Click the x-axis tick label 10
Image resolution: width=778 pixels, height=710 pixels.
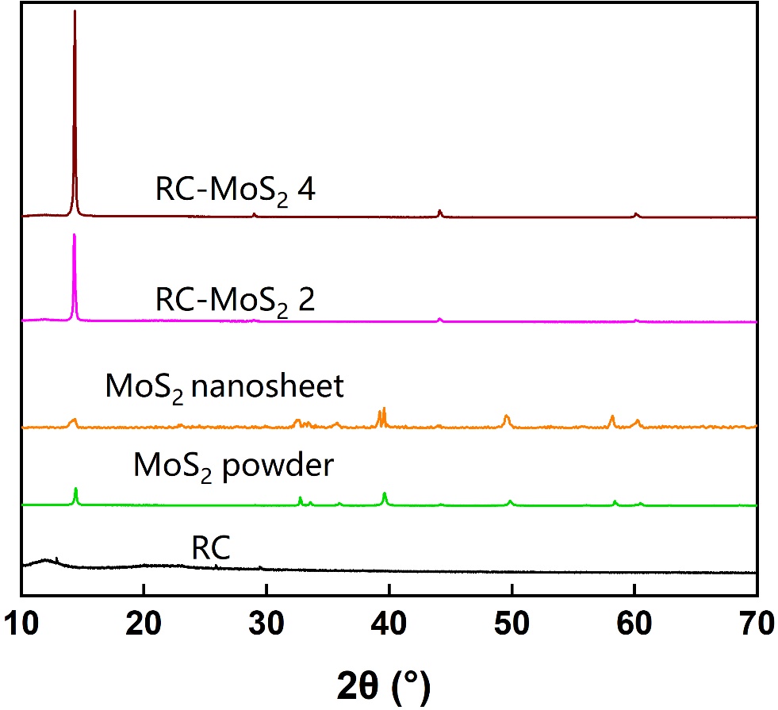point(21,625)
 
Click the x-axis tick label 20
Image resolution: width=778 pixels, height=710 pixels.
point(144,625)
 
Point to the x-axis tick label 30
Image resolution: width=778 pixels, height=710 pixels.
point(266,625)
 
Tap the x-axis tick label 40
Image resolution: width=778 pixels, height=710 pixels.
point(389,625)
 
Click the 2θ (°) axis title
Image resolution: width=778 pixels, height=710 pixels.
point(389,684)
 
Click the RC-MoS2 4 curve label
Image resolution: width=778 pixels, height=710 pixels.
point(236,193)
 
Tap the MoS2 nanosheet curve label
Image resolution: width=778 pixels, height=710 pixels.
point(224,388)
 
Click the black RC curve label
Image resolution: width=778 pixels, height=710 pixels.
point(211,549)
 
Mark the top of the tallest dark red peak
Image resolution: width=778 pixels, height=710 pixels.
point(75,11)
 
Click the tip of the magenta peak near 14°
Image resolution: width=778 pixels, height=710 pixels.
point(75,235)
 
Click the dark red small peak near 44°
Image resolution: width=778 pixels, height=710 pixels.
point(439,211)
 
